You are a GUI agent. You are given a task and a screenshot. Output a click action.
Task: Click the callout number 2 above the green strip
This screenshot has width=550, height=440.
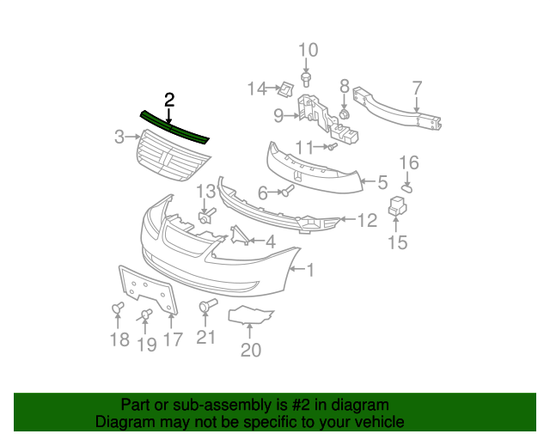[x=169, y=100]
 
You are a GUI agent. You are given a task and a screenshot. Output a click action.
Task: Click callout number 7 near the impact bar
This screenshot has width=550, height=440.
[x=417, y=88]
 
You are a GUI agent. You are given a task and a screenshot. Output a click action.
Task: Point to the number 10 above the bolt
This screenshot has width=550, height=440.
[x=307, y=51]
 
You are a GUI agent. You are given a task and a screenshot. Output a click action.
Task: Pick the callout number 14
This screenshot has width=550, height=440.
[x=258, y=89]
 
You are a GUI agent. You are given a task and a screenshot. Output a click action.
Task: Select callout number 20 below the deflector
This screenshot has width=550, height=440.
[x=250, y=350]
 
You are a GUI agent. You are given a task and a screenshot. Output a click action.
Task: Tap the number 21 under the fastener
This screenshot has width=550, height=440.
[x=205, y=337]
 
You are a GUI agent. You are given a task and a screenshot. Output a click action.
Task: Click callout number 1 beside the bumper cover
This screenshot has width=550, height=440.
[x=309, y=271]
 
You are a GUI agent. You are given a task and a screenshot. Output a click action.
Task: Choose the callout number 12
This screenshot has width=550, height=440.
[x=367, y=221]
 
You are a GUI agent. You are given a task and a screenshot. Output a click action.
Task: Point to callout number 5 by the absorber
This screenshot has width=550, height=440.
[x=382, y=182]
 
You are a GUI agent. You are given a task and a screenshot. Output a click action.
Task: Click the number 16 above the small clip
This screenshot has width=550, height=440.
[x=409, y=162]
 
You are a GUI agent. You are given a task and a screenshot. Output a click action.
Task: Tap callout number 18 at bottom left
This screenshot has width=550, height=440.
[x=119, y=340]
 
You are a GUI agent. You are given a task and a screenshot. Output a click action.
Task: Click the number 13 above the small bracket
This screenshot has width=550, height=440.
[x=206, y=191]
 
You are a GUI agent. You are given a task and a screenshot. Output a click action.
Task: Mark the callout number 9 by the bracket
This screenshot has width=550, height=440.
[x=278, y=115]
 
